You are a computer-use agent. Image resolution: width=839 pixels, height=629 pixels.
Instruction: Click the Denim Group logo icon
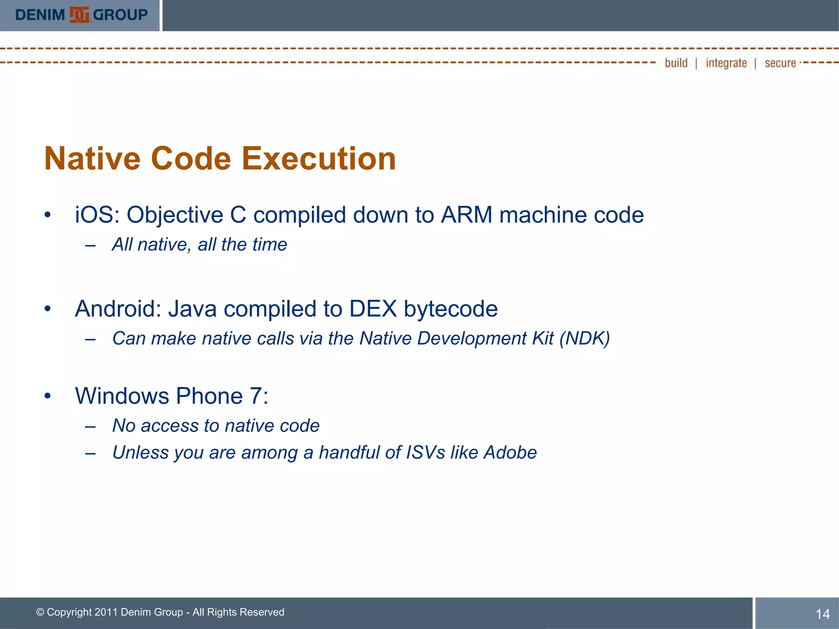click(x=79, y=15)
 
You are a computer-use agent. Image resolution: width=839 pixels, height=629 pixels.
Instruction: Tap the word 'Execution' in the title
click(x=319, y=159)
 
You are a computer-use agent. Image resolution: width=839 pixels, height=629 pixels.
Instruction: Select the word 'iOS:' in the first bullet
click(x=97, y=215)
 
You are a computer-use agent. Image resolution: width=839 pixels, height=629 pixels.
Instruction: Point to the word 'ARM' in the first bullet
click(x=466, y=215)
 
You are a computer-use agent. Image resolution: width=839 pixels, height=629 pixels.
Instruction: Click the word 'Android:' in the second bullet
click(x=118, y=309)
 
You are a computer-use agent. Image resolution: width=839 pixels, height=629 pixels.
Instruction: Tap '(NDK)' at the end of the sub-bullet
click(x=585, y=339)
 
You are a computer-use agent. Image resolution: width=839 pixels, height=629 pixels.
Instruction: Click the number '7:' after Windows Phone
click(x=259, y=396)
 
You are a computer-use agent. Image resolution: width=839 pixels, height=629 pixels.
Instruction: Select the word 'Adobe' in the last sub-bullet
click(x=510, y=453)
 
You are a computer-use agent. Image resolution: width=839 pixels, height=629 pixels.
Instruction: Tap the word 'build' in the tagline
click(x=676, y=63)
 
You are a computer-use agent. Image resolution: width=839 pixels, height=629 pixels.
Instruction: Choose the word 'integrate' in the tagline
click(x=726, y=63)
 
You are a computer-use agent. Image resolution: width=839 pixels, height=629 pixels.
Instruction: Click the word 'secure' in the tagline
click(x=780, y=63)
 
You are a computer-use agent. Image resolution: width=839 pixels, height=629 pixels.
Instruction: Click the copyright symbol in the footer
click(x=40, y=612)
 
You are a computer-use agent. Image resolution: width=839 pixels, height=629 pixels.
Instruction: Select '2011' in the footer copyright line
click(x=106, y=612)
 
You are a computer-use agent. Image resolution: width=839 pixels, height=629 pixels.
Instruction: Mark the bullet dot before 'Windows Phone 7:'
click(x=48, y=396)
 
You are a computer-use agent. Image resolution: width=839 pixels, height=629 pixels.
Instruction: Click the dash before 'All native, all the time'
click(x=91, y=246)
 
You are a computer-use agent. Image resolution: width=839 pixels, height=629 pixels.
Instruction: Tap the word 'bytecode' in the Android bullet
click(x=451, y=310)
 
